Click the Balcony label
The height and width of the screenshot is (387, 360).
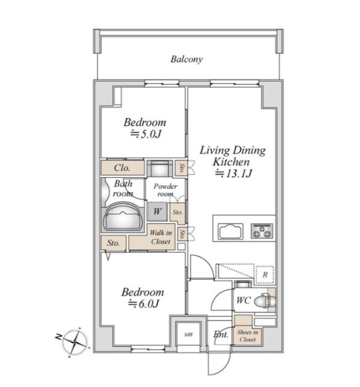(x=187, y=59)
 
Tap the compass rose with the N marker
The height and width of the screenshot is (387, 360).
(x=75, y=342)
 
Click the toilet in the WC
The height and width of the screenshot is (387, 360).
(x=264, y=301)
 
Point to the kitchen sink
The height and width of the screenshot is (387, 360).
(x=231, y=231)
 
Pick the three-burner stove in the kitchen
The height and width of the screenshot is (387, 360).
(x=262, y=231)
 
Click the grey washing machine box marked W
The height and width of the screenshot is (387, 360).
(x=158, y=212)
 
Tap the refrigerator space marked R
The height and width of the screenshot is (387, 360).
(x=265, y=275)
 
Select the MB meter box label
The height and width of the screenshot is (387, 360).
(x=189, y=335)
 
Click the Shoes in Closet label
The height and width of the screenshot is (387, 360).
(x=248, y=336)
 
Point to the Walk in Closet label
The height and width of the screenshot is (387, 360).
(x=160, y=237)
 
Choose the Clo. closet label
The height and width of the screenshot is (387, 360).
(x=122, y=168)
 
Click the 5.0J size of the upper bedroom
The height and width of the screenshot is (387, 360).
(x=145, y=135)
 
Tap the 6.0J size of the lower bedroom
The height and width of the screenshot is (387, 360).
(x=143, y=304)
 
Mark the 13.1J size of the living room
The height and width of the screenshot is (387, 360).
(x=234, y=173)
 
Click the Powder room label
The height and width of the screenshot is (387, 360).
(x=165, y=190)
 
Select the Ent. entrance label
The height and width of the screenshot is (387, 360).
(x=221, y=335)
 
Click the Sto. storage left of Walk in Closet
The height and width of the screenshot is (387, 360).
(x=113, y=243)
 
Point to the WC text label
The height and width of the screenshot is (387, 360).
(x=243, y=301)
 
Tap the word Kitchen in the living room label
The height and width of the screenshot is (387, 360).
(x=231, y=162)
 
